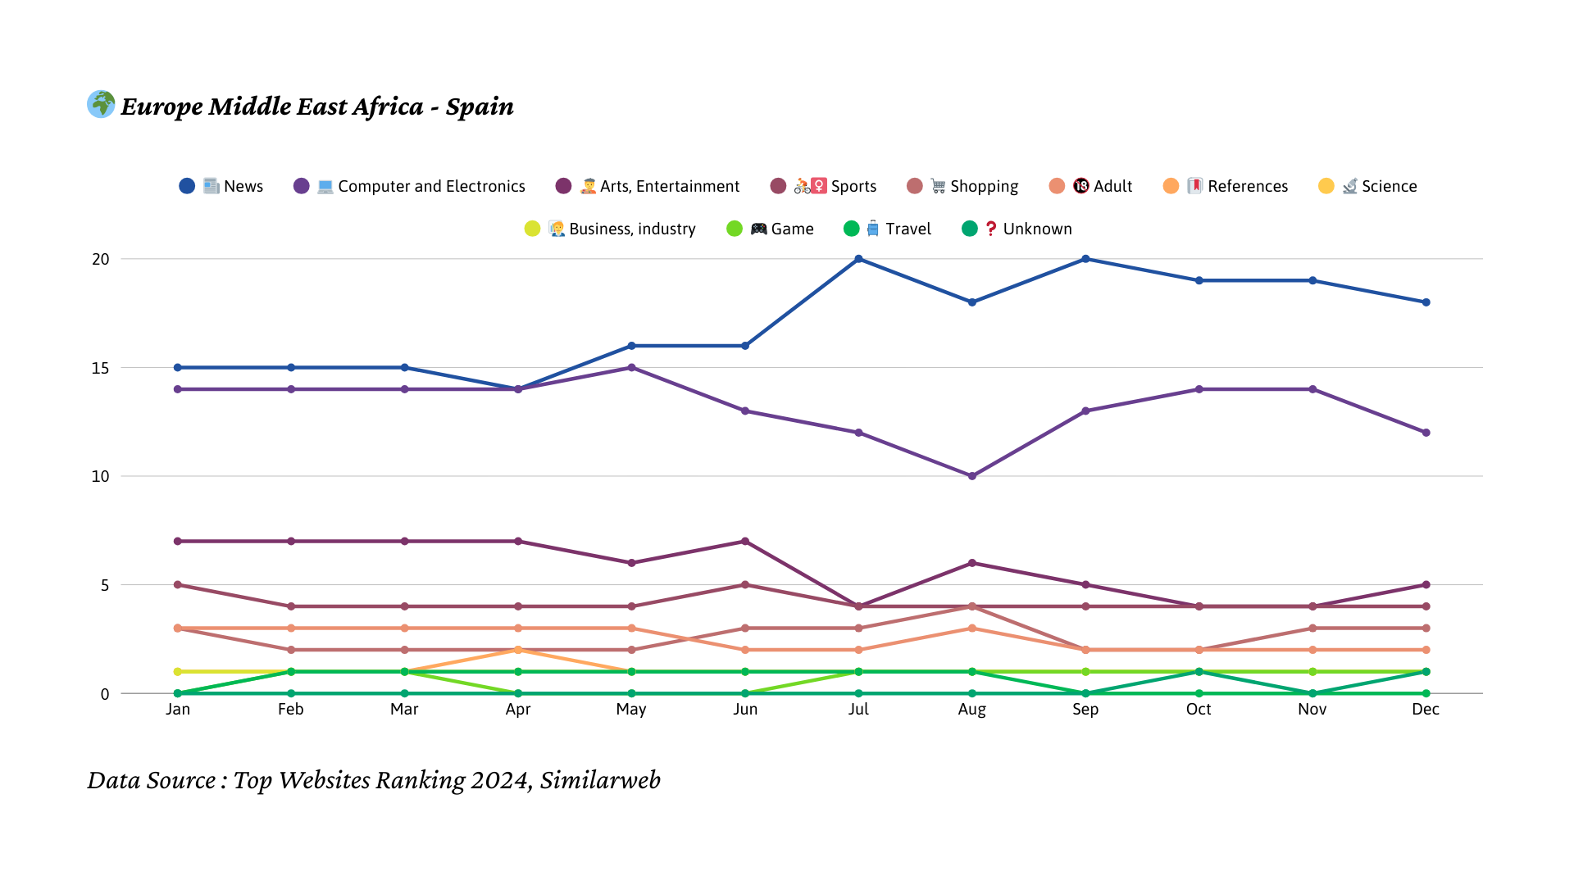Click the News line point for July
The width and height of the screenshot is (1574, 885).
click(x=858, y=259)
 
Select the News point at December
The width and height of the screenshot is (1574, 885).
click(x=1426, y=302)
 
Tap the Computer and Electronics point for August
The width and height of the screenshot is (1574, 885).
click(x=972, y=476)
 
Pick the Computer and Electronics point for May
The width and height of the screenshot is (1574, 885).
click(x=631, y=368)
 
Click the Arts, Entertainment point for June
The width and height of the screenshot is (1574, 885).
click(x=745, y=542)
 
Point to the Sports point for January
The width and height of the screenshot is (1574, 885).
click(x=178, y=585)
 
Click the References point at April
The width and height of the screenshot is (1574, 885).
click(x=518, y=650)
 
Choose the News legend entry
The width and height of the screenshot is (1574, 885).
click(x=221, y=186)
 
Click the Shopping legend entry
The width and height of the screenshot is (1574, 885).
click(x=962, y=186)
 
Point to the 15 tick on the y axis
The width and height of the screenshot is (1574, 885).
click(x=100, y=368)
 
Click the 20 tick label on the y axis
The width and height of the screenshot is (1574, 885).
click(x=100, y=259)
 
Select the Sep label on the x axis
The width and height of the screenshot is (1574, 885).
click(x=1085, y=710)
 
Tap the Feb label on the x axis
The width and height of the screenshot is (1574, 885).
click(x=291, y=710)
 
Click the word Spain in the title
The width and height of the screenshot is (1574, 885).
click(x=480, y=107)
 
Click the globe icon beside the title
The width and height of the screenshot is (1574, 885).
click(x=101, y=104)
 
